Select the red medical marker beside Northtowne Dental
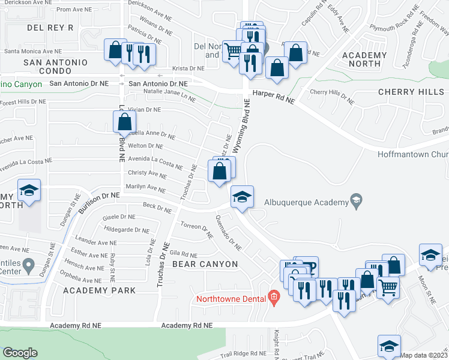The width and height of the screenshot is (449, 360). click(273, 297)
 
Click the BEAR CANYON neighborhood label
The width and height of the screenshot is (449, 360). click(205, 264)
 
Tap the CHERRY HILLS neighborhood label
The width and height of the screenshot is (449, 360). click(411, 92)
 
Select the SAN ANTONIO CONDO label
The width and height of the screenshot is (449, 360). click(56, 67)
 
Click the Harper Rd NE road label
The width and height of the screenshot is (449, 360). click(274, 94)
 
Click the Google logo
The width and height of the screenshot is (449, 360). click(20, 353)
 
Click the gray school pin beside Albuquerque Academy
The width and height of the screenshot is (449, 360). click(356, 200)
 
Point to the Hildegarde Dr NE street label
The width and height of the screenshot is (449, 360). click(126, 230)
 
